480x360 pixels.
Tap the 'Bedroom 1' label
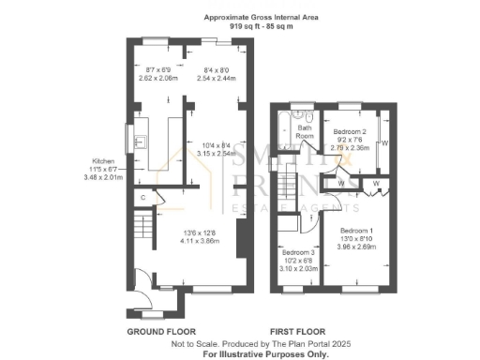point(357,231)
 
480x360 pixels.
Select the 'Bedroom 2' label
point(351,133)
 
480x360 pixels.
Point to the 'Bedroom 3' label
point(299,253)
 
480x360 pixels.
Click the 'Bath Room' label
point(305,131)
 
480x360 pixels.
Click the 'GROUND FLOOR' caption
point(160,332)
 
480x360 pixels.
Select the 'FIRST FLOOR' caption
point(297,332)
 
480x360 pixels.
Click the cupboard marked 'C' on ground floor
point(142,198)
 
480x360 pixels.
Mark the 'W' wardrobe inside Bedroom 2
point(385,143)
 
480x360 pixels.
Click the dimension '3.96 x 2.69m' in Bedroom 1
point(357,248)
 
